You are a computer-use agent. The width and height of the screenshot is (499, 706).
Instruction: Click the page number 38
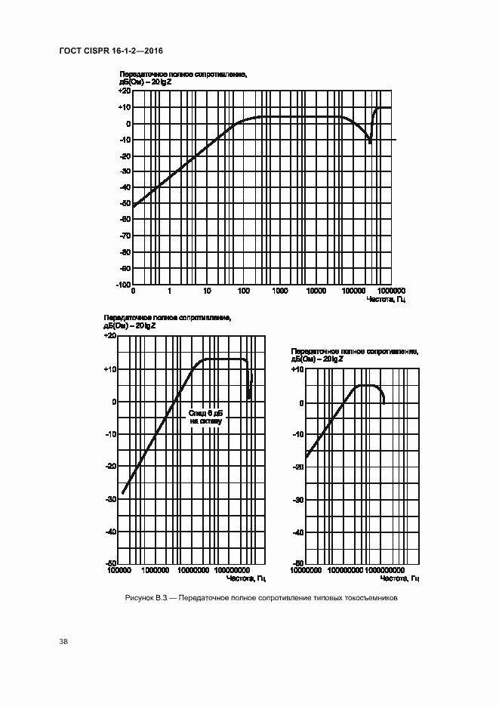point(63,642)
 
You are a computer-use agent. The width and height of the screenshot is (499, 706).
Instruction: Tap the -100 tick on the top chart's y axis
point(122,285)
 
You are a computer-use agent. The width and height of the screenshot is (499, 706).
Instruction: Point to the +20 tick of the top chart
point(124,91)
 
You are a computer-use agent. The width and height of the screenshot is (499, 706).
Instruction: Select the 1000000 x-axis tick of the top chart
point(391,291)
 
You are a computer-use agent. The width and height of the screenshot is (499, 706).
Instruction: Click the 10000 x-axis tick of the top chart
point(317,291)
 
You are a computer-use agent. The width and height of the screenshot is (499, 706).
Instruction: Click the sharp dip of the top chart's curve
point(370,142)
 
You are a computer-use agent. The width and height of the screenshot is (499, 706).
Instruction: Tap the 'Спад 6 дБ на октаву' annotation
point(205,418)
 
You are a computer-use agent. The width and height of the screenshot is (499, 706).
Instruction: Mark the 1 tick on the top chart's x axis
point(170,291)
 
